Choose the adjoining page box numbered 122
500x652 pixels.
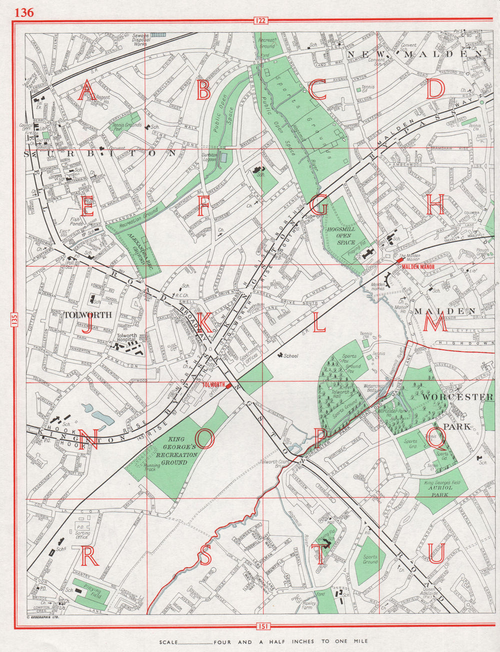point(260,21)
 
